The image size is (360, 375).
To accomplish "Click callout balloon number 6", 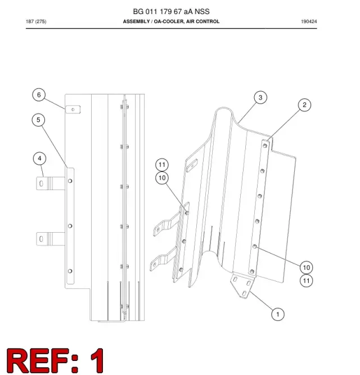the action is [39, 94].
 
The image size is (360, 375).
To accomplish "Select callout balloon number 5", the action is [38, 120].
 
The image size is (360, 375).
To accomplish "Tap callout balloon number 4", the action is [39, 159].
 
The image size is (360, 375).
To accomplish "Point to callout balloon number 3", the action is [260, 97].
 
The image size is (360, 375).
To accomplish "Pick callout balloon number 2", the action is [304, 105].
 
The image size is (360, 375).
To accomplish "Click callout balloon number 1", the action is [278, 314].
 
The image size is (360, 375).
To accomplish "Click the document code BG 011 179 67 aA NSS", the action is [171, 11].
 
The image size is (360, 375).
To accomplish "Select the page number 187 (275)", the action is [36, 21].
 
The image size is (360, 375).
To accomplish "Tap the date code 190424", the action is [309, 21].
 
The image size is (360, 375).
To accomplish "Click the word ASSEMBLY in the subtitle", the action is [136, 21].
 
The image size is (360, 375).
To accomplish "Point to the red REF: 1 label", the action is [55, 360].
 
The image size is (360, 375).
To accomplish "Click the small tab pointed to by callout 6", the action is [73, 109].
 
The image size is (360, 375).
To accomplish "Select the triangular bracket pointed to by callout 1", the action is [242, 285].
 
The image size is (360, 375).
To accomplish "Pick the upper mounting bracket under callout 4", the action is [51, 183].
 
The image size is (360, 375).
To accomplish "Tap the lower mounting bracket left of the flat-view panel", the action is [51, 239].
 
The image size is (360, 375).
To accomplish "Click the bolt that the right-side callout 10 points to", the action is [254, 246].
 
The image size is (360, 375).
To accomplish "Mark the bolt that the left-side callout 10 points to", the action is [187, 213].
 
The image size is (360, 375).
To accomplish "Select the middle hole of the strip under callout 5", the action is [70, 226].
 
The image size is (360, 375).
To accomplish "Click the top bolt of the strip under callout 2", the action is [265, 146].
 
